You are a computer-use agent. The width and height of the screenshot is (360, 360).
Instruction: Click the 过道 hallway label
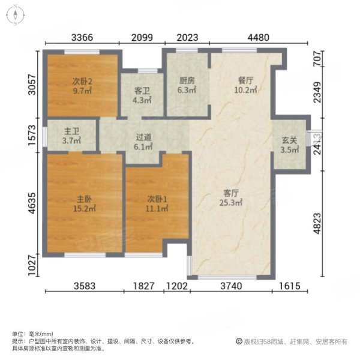click(142, 136)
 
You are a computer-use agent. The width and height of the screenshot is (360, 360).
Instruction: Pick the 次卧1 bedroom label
click(155, 199)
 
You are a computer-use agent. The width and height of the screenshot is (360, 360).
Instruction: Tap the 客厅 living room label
click(232, 193)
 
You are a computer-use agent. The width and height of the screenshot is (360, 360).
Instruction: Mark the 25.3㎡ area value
click(232, 203)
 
